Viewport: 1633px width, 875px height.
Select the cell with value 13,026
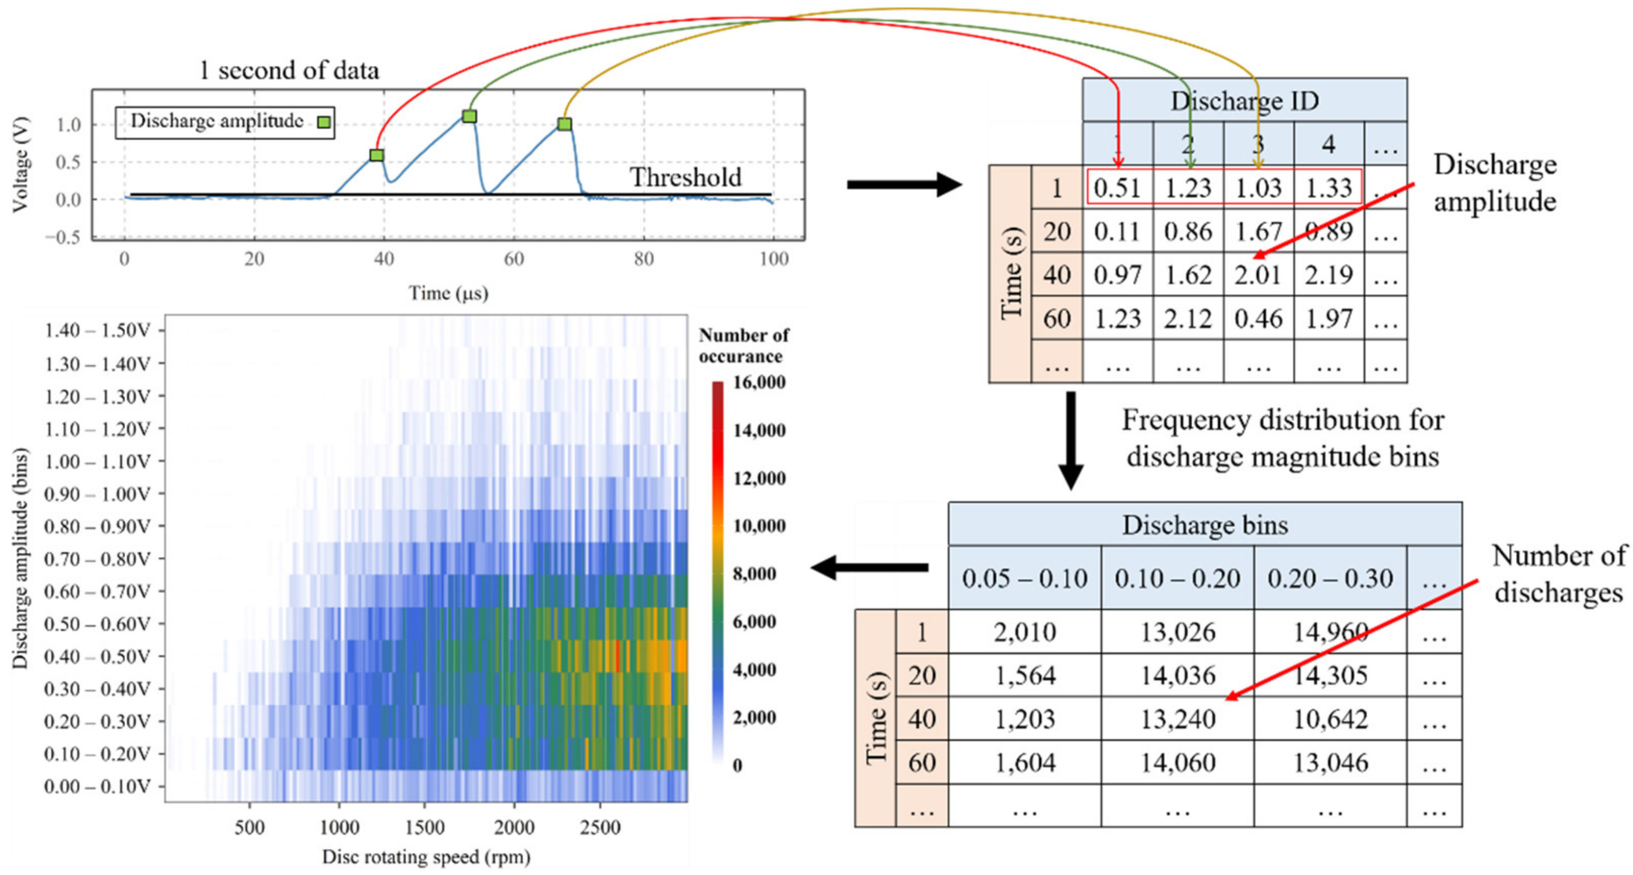click(x=1178, y=632)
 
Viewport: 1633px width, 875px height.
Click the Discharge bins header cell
click(x=1205, y=525)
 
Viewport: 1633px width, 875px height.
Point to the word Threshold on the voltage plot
click(x=685, y=177)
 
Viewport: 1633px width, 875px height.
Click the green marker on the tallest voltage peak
click(x=469, y=116)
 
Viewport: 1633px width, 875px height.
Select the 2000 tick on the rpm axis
click(x=514, y=828)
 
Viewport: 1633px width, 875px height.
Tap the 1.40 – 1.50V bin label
click(x=97, y=330)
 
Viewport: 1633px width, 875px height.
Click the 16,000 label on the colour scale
click(x=759, y=382)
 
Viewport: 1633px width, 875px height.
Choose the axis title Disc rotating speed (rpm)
click(x=426, y=857)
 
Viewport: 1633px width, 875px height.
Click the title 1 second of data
click(x=289, y=70)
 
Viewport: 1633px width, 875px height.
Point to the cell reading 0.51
click(x=1117, y=188)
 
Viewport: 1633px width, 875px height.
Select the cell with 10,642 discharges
click(x=1330, y=719)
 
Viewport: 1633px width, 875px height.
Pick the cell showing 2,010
click(x=1025, y=632)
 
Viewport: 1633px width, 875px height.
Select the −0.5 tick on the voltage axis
click(x=63, y=237)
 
